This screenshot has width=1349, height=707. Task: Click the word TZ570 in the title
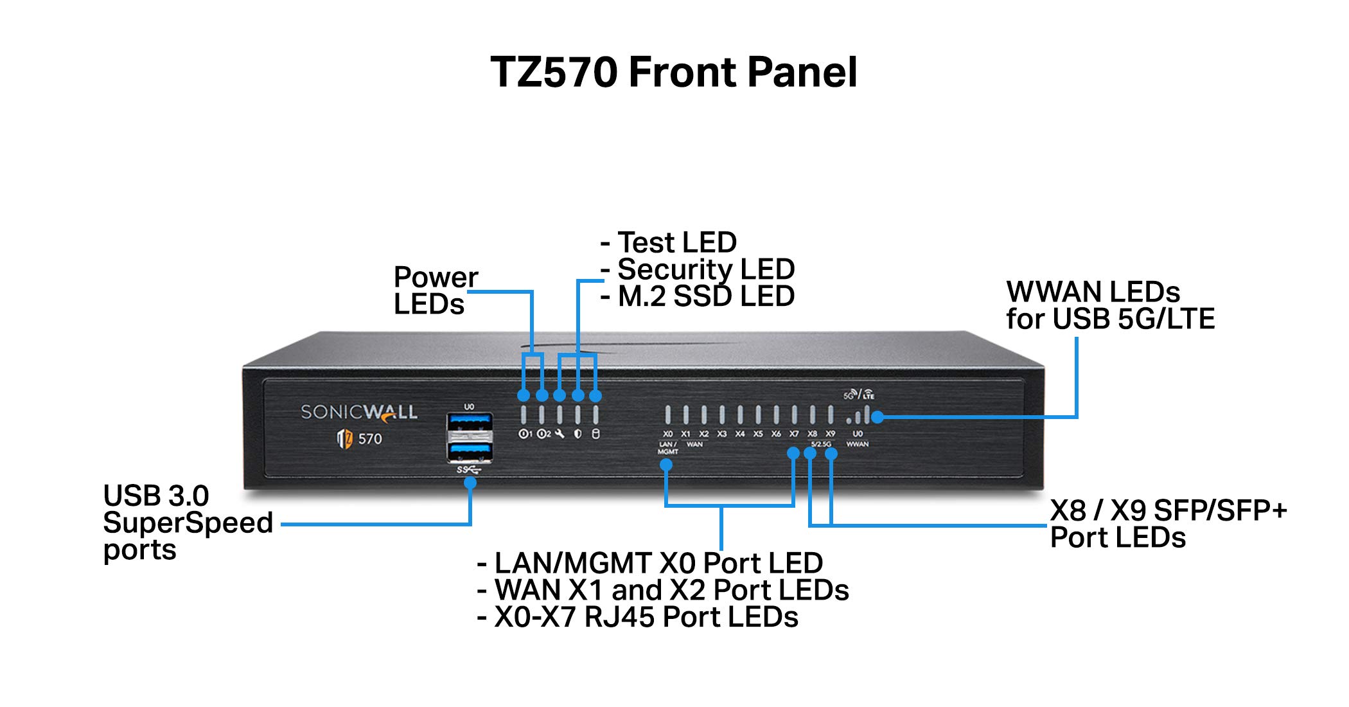coord(554,72)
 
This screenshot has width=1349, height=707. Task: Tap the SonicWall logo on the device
coord(359,412)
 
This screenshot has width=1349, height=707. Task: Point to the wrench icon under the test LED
coord(560,434)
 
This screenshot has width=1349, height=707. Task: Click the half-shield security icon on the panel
coord(578,434)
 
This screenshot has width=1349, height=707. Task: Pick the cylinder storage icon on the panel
coord(595,434)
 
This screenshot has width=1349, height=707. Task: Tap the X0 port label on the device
coord(668,434)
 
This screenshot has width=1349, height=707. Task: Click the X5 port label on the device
coord(758,434)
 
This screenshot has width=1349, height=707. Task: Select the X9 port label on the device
coord(831,434)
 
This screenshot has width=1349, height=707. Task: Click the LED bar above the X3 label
coord(722,415)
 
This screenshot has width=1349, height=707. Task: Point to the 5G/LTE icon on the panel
coord(859,394)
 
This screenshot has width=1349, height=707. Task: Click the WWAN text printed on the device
coord(858,444)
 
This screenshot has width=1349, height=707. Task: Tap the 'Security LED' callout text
coord(705,269)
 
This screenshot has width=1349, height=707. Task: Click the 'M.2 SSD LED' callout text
coord(705,296)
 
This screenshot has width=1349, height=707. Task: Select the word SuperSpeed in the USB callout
coord(188,523)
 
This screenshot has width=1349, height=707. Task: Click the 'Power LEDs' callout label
coord(435,291)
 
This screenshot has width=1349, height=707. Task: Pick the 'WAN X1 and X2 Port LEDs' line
coord(671,590)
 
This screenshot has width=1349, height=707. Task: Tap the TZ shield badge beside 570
coord(345,439)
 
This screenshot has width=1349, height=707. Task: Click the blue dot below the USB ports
coord(470,483)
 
